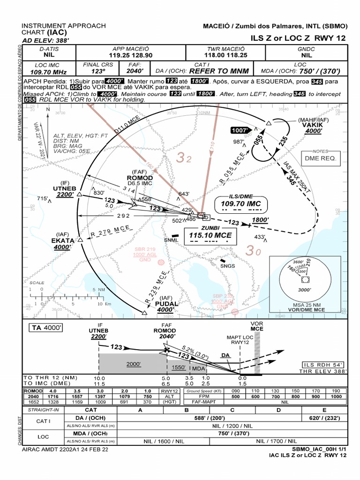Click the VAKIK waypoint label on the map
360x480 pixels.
312,125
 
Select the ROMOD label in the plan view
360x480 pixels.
140,178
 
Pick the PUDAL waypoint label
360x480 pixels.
166,304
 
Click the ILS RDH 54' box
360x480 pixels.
323,365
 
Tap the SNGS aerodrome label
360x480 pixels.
227,266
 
